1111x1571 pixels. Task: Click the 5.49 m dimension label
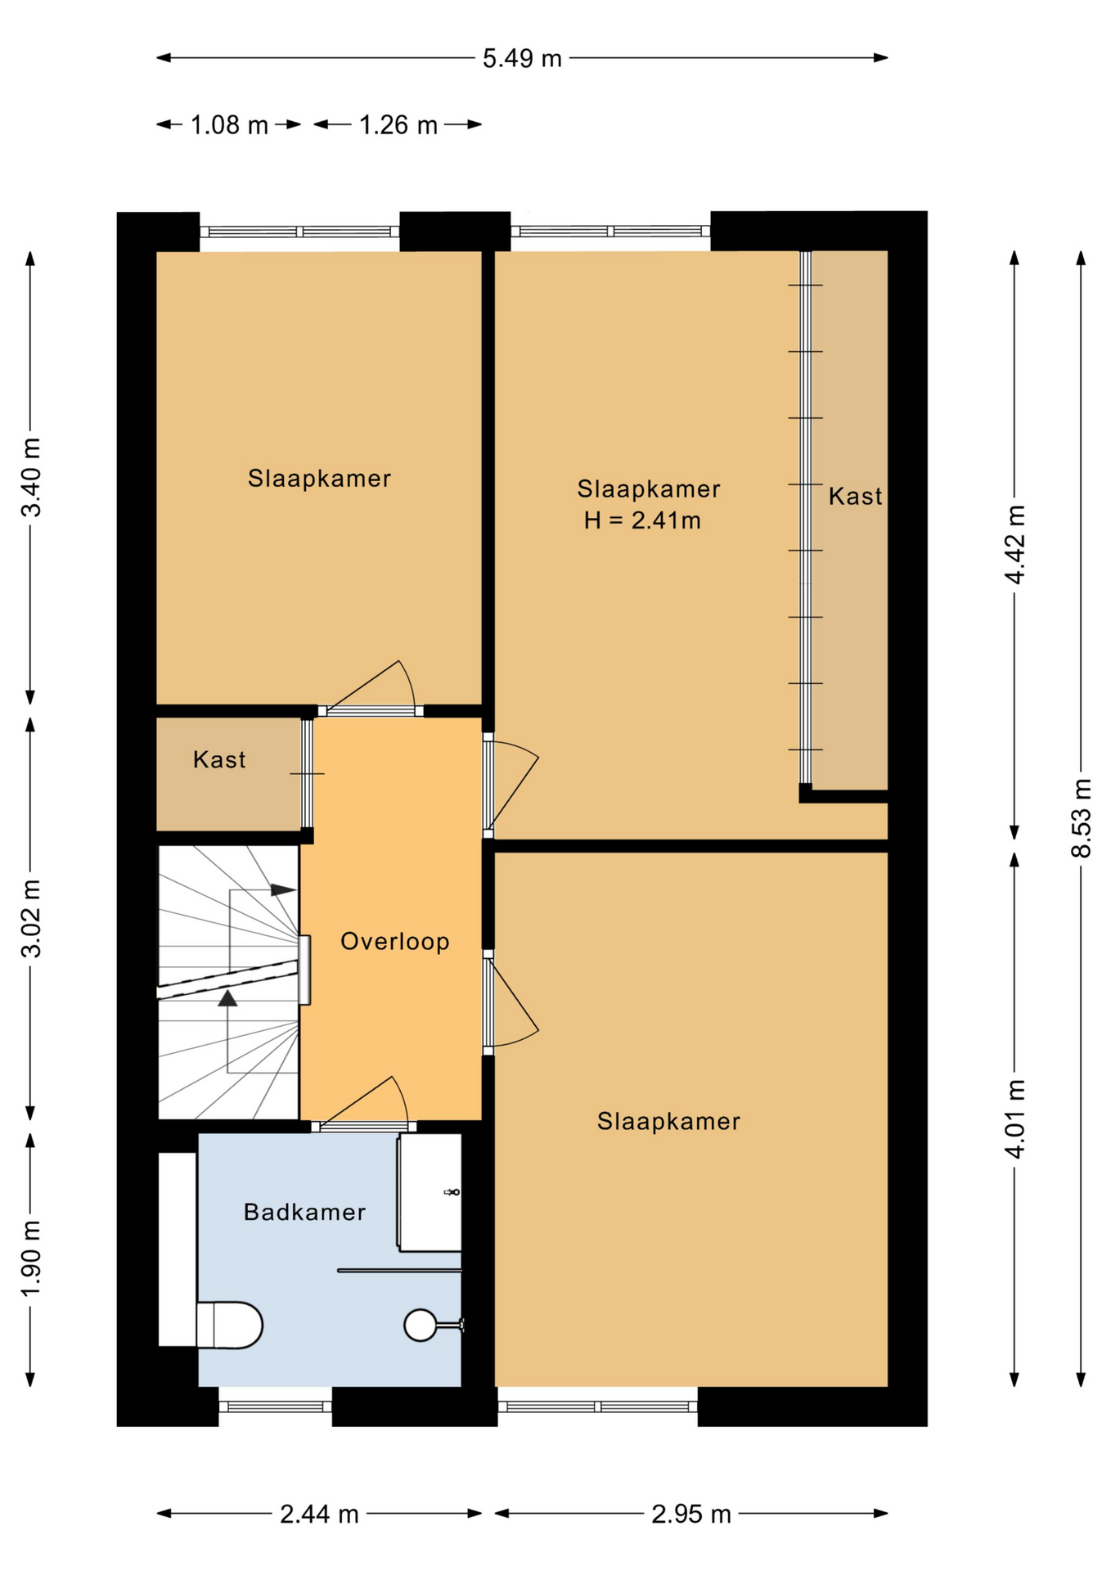click(x=522, y=59)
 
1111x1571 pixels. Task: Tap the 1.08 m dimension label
click(x=229, y=125)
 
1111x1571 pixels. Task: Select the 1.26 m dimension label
click(x=398, y=125)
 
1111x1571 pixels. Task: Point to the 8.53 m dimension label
click(x=1082, y=817)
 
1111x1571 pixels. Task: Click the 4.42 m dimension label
click(x=1015, y=545)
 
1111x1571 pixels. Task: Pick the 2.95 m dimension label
click(x=691, y=1515)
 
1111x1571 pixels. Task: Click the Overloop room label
click(x=395, y=942)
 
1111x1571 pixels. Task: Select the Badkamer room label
click(x=304, y=1212)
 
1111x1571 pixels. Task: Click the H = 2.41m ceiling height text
click(x=642, y=520)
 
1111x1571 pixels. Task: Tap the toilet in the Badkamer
click(x=229, y=1325)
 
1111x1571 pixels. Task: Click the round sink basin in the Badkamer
click(x=421, y=1325)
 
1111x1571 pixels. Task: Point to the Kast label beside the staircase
click(x=219, y=760)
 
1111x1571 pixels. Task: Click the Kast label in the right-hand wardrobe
click(x=855, y=497)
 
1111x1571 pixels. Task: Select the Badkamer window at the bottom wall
click(x=275, y=1407)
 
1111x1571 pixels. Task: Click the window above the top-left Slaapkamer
click(x=299, y=232)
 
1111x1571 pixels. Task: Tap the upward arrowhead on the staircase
click(x=227, y=997)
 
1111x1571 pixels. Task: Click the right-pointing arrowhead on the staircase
click(x=283, y=889)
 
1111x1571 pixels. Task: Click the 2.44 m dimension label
click(x=319, y=1515)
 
